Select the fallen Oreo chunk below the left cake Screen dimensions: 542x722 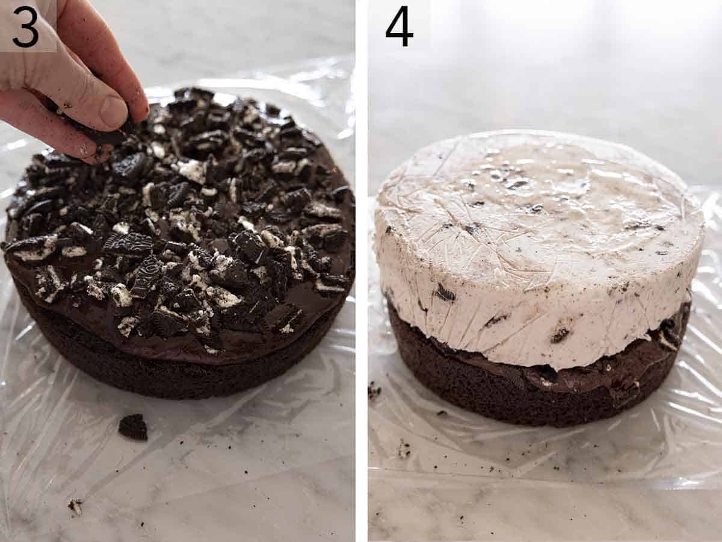point(133,427)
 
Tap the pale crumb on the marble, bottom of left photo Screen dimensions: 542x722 point(75,506)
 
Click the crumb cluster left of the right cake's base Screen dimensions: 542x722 point(374,390)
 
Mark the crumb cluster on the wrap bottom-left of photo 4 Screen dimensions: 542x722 point(403,449)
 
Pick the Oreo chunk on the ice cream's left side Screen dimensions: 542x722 point(445,293)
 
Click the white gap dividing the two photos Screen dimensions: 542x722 point(361,271)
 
